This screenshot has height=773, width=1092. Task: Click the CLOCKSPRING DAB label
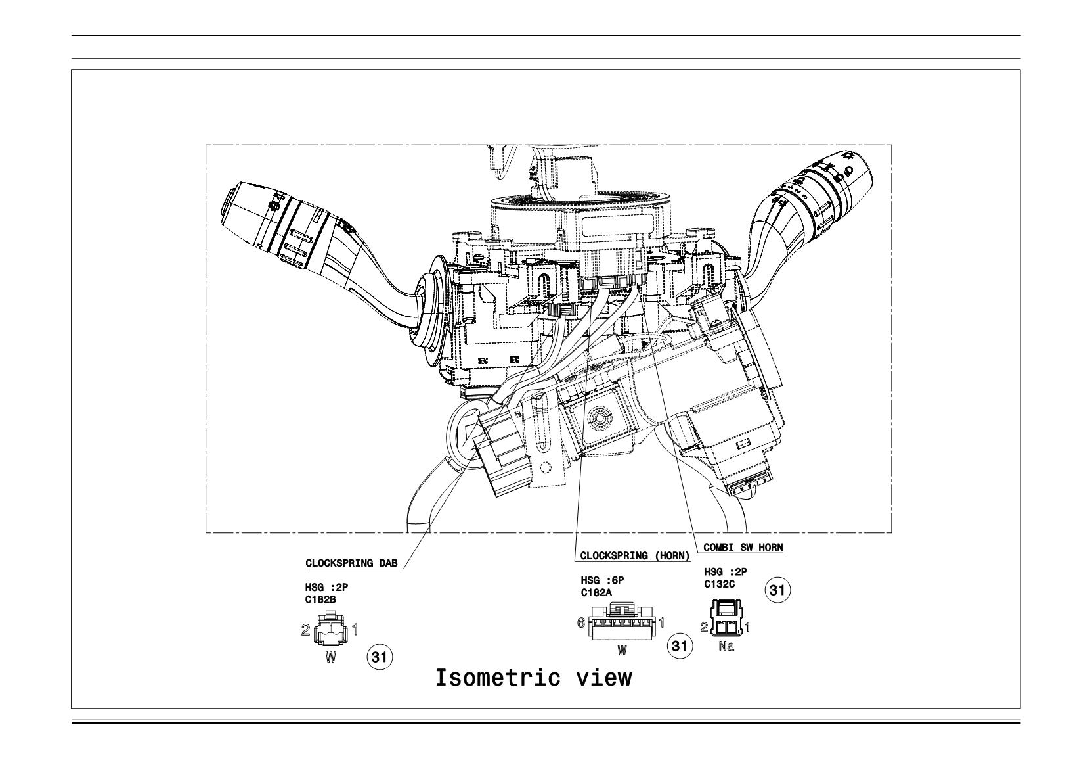tap(351, 563)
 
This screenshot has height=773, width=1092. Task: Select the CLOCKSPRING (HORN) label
tap(635, 556)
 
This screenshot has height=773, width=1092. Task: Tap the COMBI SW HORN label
tap(743, 548)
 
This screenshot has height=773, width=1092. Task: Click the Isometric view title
tap(533, 678)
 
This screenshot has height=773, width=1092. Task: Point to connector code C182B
tap(320, 599)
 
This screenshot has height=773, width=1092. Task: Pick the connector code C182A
tap(596, 593)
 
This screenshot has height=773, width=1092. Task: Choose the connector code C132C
tap(719, 584)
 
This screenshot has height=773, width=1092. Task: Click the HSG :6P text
tap(602, 580)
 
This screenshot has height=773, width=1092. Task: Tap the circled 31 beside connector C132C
tap(777, 590)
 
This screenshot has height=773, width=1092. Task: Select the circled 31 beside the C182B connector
tap(380, 657)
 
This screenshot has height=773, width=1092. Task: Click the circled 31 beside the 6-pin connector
tap(680, 646)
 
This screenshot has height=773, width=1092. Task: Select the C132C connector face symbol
tap(727, 618)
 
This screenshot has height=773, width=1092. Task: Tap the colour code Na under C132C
tap(726, 646)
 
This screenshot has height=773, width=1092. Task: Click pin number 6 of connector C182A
tap(580, 622)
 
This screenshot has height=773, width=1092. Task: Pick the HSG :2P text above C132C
tap(726, 572)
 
